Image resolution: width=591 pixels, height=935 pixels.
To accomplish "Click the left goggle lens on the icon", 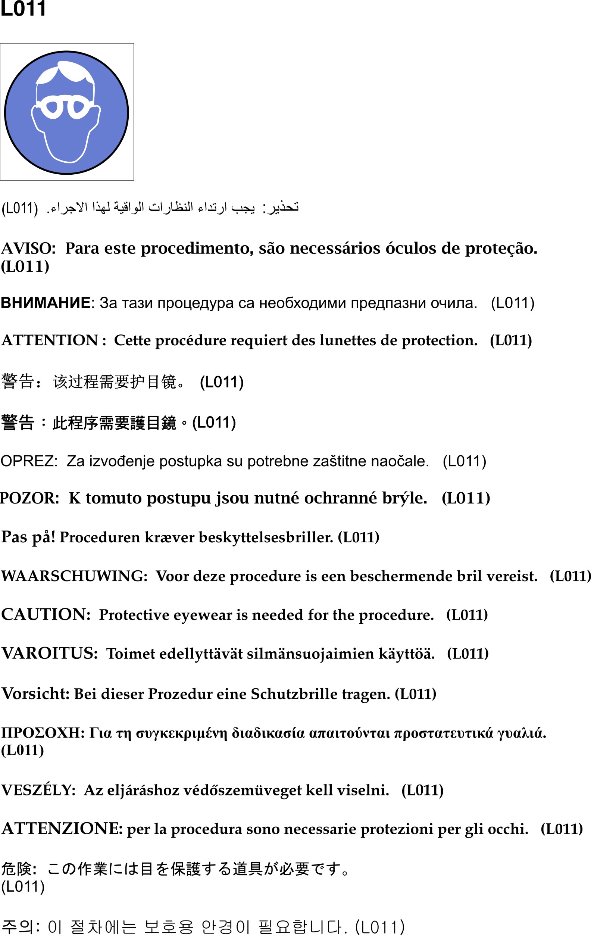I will pyautogui.click(x=51, y=107).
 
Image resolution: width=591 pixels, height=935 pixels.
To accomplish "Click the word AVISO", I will pyautogui.click(x=28, y=249).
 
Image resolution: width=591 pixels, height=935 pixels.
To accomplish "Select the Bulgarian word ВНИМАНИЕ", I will pyautogui.click(x=46, y=303).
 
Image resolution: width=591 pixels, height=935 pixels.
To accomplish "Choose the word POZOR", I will pyautogui.click(x=29, y=498).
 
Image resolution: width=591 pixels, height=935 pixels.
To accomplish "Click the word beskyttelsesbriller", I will pyautogui.click(x=266, y=537).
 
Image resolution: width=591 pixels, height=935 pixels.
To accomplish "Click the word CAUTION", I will pyautogui.click(x=46, y=615).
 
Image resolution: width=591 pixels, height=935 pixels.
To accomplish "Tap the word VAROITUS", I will pyautogui.click(x=49, y=654).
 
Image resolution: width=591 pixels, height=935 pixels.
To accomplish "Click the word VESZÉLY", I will pyautogui.click(x=38, y=790).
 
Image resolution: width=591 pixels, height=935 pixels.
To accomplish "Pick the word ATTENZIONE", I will pyautogui.click(x=62, y=829).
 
